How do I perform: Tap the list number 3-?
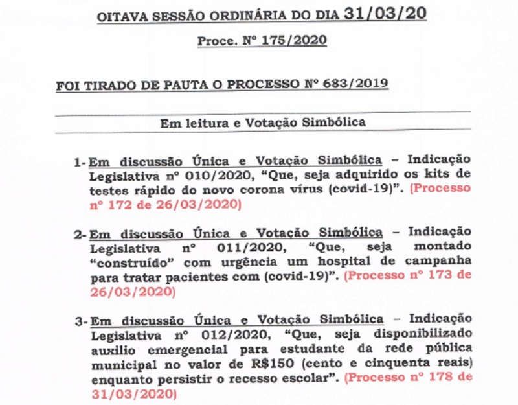[80, 321]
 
